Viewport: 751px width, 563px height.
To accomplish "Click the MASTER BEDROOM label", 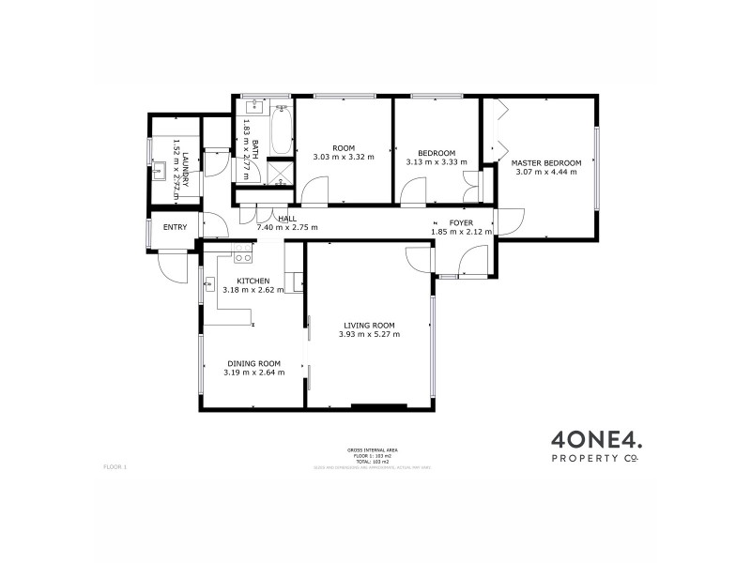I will point(546,163).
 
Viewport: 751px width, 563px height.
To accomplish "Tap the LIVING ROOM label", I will point(369,325).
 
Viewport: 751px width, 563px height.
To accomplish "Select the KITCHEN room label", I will point(253,281).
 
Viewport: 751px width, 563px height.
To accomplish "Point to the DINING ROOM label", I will point(253,363).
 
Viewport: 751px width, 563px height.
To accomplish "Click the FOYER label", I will point(461,222).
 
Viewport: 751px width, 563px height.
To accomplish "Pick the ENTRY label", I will point(176,227).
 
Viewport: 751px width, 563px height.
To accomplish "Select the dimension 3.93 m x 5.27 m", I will point(369,334).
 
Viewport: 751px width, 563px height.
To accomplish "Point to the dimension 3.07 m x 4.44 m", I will point(546,173).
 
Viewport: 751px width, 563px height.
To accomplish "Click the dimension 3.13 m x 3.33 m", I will point(437,162).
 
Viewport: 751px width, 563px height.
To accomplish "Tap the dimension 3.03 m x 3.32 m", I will point(344,157).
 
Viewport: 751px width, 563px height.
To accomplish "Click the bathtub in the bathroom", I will point(281,130).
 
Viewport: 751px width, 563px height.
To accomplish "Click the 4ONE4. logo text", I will point(594,437).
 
